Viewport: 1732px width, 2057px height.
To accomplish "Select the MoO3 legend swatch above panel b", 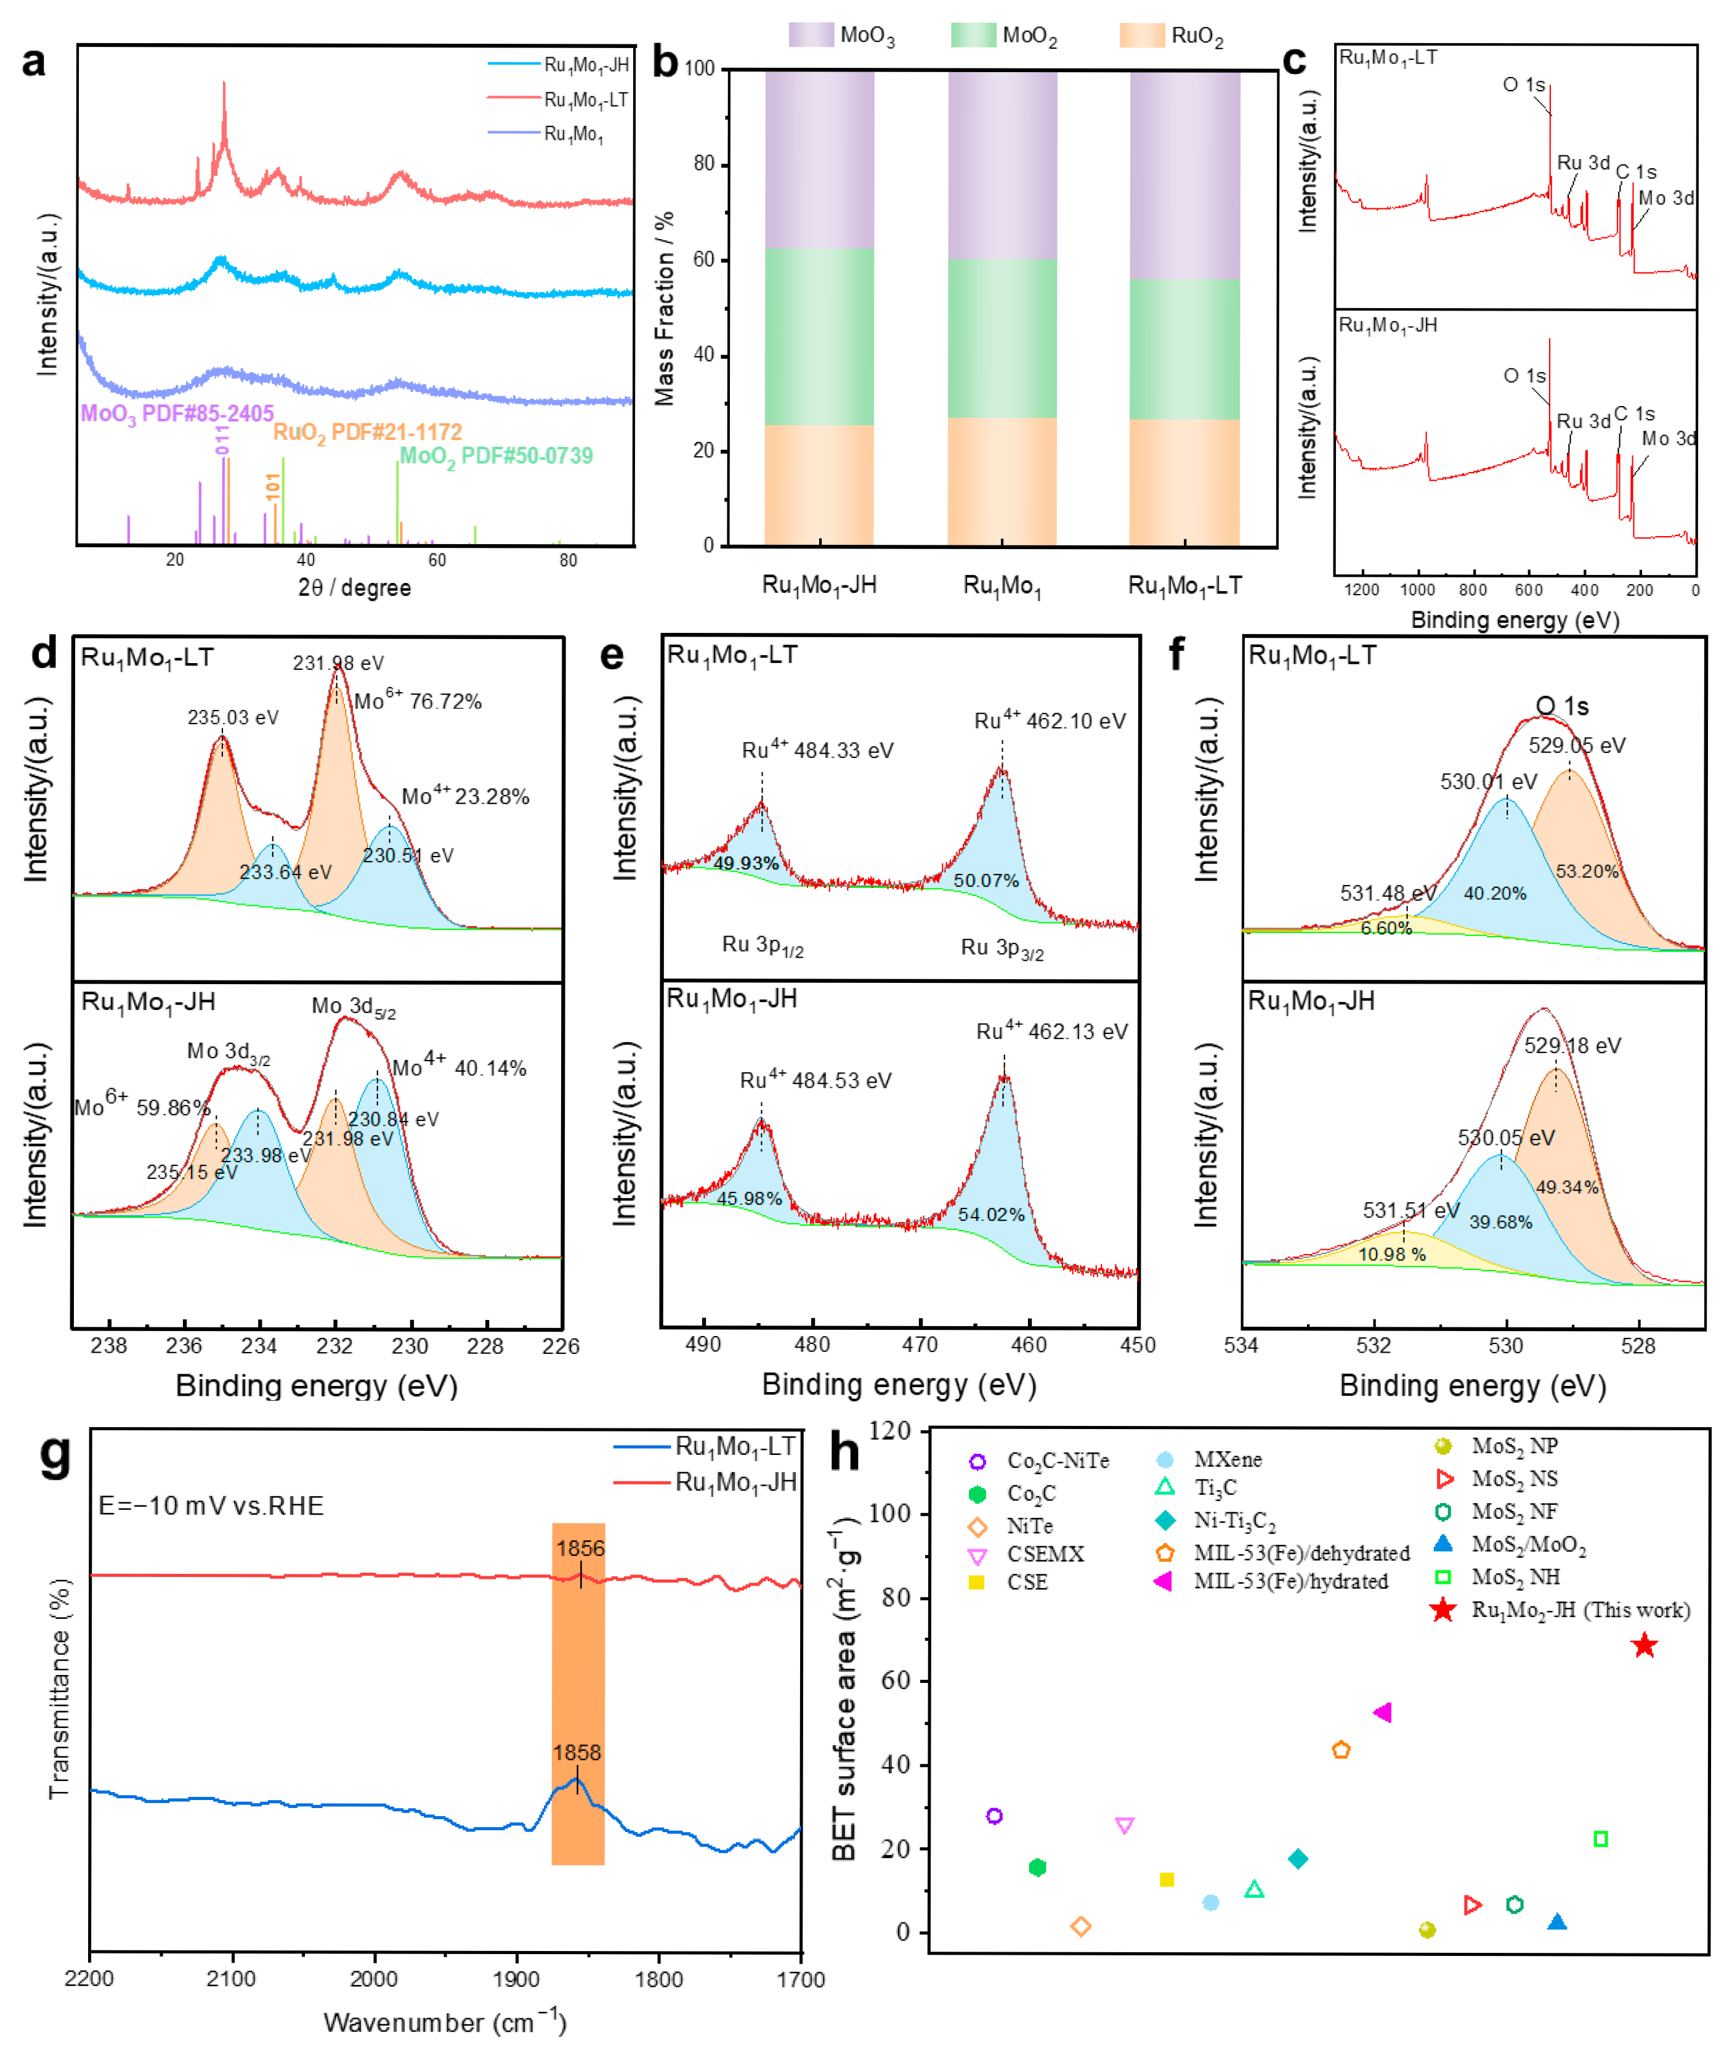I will [x=811, y=35].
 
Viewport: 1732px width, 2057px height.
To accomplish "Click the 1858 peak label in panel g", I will [x=577, y=1753].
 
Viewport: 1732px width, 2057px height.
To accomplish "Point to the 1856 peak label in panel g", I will [x=580, y=1548].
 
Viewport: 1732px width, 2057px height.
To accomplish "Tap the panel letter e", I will [x=612, y=655].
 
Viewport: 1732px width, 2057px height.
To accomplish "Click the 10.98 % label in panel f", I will [x=1391, y=1255].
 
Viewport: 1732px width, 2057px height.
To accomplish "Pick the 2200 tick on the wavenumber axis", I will [x=89, y=1978].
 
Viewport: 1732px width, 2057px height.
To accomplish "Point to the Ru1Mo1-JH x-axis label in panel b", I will [x=819, y=585].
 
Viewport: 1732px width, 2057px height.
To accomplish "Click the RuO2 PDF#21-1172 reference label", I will [x=367, y=432].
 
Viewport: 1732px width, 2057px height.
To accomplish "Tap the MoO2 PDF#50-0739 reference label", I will [x=496, y=456].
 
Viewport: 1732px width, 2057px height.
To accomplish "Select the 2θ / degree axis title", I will [x=354, y=587].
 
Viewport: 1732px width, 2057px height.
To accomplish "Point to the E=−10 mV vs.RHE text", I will [x=211, y=1506].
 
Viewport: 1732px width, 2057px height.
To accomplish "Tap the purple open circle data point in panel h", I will [x=993, y=1816].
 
